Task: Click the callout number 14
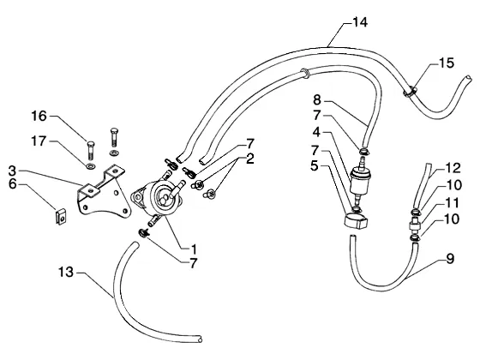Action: [x=360, y=22]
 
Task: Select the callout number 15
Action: [x=447, y=63]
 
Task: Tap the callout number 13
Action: [x=66, y=272]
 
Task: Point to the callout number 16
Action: [x=39, y=116]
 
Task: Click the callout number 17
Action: [x=39, y=141]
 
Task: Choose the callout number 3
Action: [x=12, y=171]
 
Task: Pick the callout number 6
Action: [x=13, y=184]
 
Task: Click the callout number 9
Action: [x=450, y=259]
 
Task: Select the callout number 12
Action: [x=453, y=168]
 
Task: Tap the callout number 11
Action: [x=453, y=202]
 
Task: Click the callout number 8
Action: [x=317, y=100]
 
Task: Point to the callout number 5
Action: [x=315, y=166]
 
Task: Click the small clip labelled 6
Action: [x=62, y=216]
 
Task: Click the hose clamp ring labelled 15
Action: [x=411, y=92]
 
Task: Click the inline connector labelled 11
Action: [x=416, y=226]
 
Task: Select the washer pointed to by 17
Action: [x=91, y=166]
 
